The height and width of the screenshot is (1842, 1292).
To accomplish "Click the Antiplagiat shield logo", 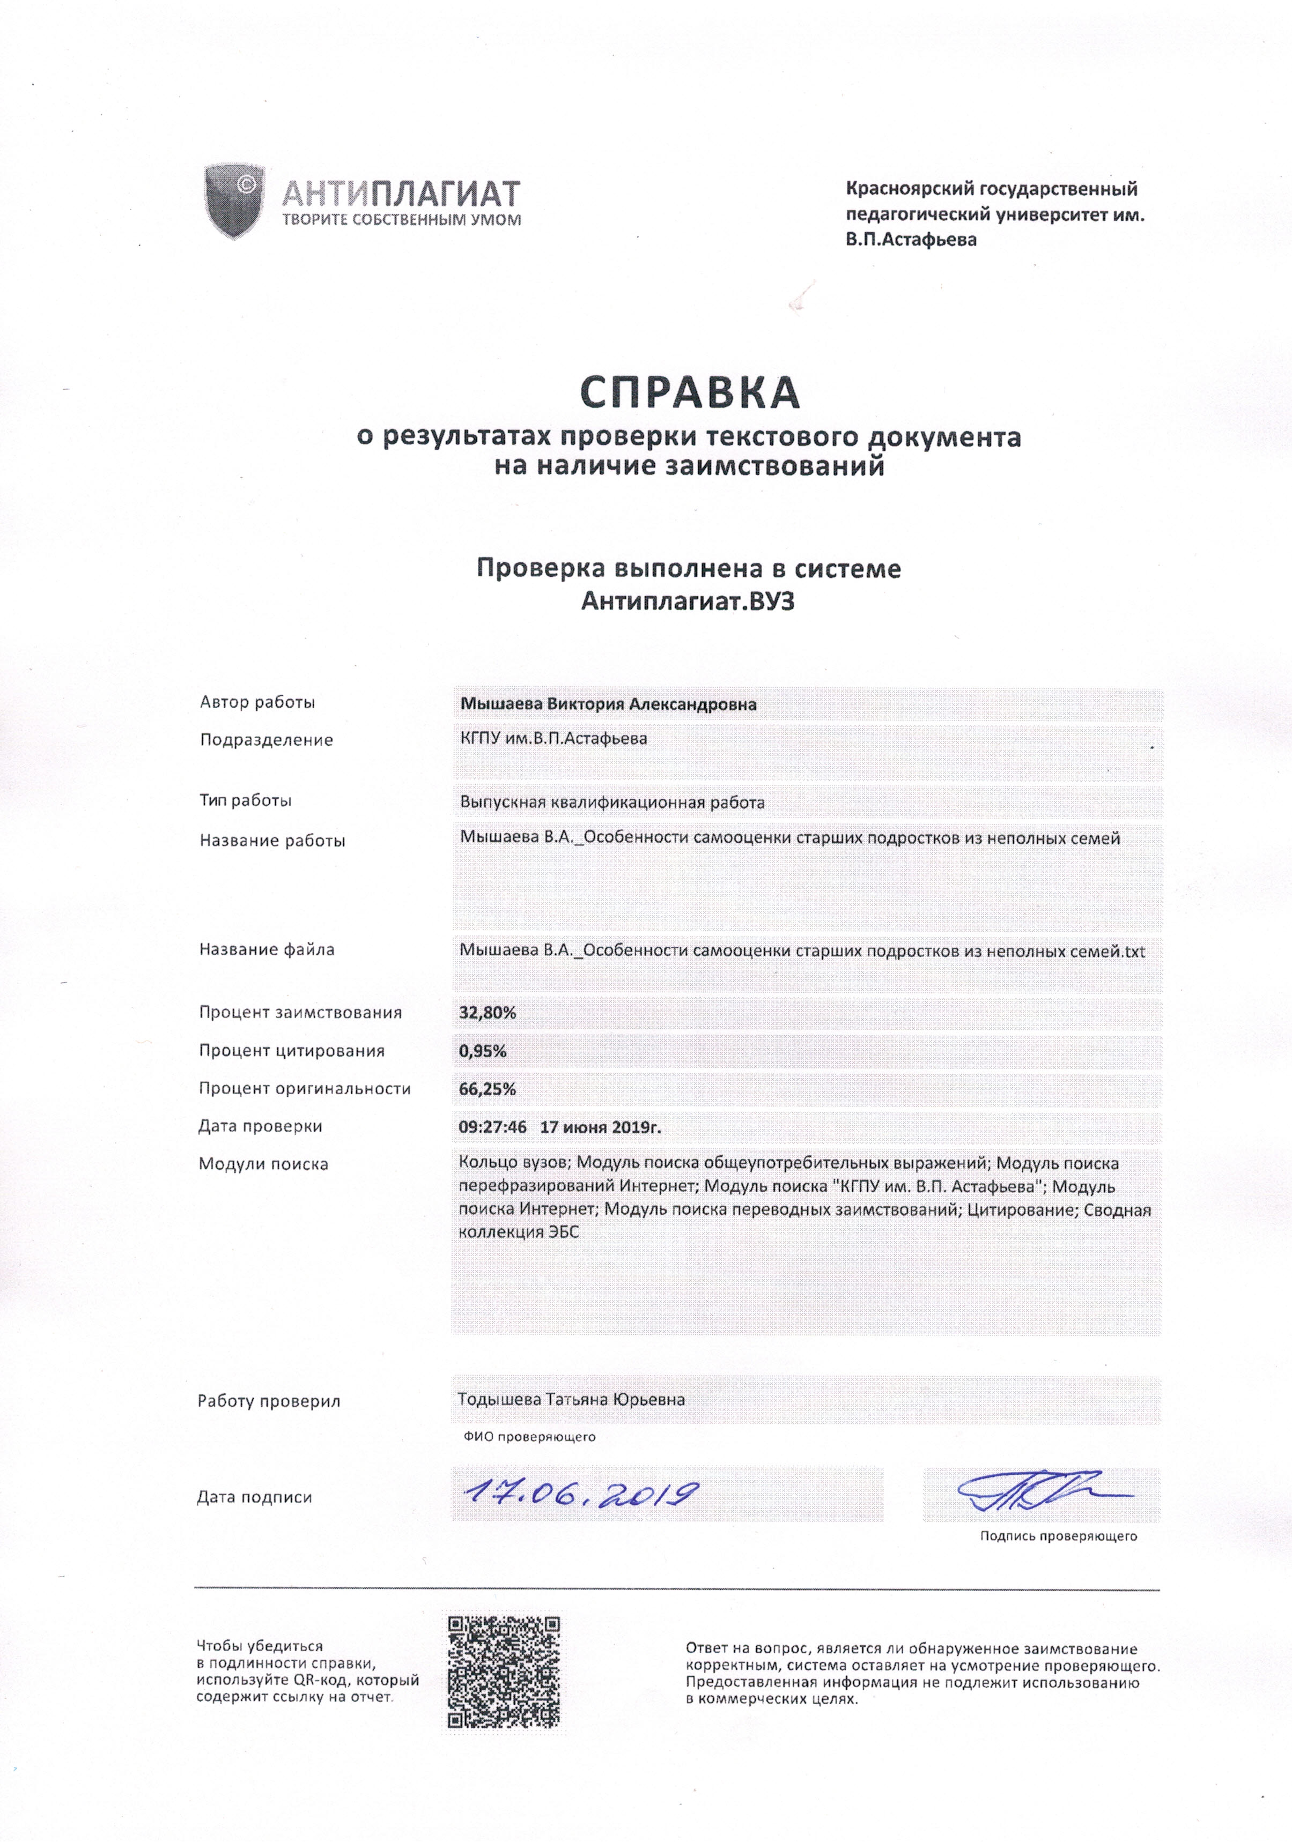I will (234, 200).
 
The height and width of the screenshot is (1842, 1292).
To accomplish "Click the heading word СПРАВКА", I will (689, 393).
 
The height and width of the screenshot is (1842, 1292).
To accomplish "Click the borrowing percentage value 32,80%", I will (487, 1013).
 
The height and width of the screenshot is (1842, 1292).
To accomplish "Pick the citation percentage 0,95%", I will (482, 1051).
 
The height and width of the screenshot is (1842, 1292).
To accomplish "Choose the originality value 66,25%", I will (487, 1089).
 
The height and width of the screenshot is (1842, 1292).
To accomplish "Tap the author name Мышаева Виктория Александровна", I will (608, 704).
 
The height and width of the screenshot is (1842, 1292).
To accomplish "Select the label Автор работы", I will (257, 702).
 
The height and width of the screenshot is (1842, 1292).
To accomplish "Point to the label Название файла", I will (267, 949).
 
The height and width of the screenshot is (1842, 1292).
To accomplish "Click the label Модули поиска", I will (263, 1164).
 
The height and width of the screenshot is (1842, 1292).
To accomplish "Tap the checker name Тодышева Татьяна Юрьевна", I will (571, 1399).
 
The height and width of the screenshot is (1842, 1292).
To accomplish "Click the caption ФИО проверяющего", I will (529, 1437).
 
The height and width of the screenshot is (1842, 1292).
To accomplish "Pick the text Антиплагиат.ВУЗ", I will (688, 601).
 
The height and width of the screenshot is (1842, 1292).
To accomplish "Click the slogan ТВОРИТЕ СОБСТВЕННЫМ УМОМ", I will (401, 220).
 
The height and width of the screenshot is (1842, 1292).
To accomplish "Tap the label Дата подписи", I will (254, 1497).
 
